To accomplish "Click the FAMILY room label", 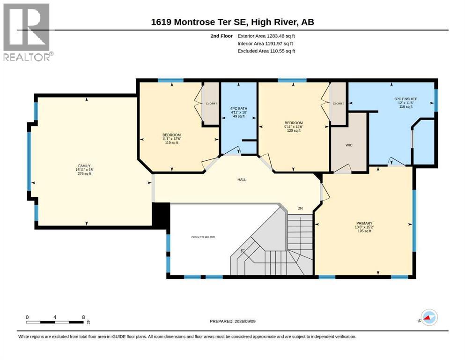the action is pyautogui.click(x=84, y=166).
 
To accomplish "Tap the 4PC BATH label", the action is pyautogui.click(x=239, y=109).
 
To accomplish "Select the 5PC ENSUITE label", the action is pyautogui.click(x=406, y=99).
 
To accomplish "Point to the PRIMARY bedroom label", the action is pyautogui.click(x=364, y=223).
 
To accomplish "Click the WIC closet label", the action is pyautogui.click(x=349, y=145).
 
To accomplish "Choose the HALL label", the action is pyautogui.click(x=242, y=180).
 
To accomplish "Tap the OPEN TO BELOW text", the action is pyautogui.click(x=203, y=237).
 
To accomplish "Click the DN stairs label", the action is pyautogui.click(x=300, y=208).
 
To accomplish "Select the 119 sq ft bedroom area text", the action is pyautogui.click(x=171, y=142).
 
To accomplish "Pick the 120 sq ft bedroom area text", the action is pyautogui.click(x=294, y=131).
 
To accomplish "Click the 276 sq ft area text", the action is pyautogui.click(x=84, y=173).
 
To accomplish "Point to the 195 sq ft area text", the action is pyautogui.click(x=364, y=231).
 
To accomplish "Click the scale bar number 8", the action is pyautogui.click(x=83, y=317).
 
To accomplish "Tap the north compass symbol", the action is pyautogui.click(x=429, y=317).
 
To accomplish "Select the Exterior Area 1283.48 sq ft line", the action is pyautogui.click(x=266, y=36).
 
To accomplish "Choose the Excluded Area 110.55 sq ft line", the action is pyautogui.click(x=266, y=51).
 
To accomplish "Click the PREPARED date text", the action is pyautogui.click(x=232, y=321).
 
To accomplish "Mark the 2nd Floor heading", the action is pyautogui.click(x=221, y=36).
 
